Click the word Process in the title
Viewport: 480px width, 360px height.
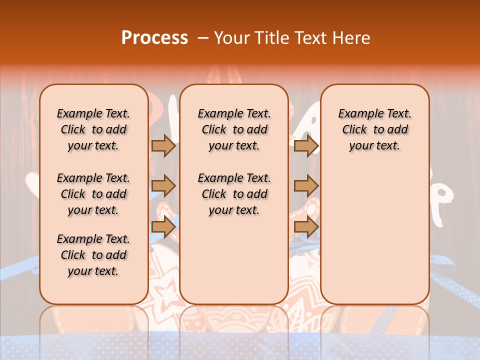pos(154,37)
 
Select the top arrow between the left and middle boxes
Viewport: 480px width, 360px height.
pos(163,145)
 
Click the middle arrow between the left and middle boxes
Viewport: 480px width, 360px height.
pos(163,186)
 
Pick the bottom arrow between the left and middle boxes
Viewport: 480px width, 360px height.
pos(163,226)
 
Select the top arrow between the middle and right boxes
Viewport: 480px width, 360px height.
pos(306,145)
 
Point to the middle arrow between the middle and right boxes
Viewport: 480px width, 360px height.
pos(306,186)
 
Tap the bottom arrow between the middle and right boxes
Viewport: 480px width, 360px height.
pos(306,226)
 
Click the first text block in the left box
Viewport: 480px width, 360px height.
pos(93,129)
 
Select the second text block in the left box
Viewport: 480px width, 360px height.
pos(93,194)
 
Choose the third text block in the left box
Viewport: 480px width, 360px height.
pos(93,255)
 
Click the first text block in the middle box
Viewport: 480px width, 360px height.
pos(234,129)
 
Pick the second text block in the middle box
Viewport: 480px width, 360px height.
pos(234,194)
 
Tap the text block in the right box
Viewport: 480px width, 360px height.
pos(375,129)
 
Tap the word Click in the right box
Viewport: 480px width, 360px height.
pos(354,130)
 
